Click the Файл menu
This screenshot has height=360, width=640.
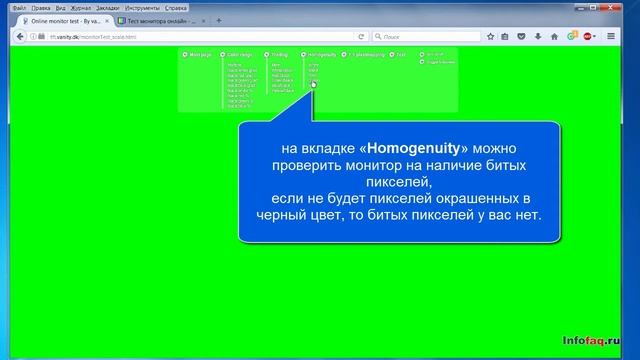coord(7,7)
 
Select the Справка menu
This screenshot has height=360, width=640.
coord(176,7)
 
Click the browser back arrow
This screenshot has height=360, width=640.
coord(12,36)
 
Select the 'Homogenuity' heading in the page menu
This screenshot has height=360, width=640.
coord(322,54)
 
